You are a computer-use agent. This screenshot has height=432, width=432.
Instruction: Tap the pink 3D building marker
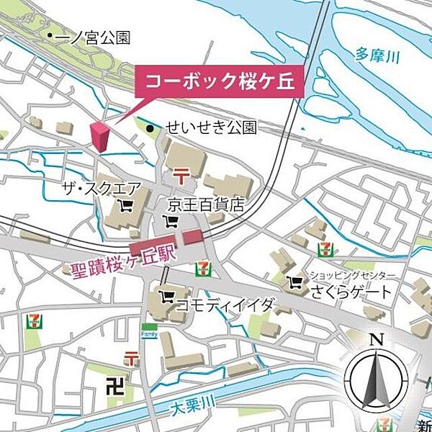[x=102, y=137]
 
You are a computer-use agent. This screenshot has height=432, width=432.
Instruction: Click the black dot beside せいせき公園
[x=150, y=129]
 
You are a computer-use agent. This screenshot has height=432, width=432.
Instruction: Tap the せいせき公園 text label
[x=210, y=128]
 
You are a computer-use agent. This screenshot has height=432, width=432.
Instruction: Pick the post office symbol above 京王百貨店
[x=179, y=174]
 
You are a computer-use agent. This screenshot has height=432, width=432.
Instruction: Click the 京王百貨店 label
[x=203, y=204]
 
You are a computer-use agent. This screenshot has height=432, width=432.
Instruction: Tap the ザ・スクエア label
[x=103, y=189]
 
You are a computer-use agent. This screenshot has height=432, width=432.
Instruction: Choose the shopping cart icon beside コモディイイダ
[x=166, y=296]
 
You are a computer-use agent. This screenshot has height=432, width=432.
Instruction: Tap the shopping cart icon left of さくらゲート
[x=294, y=282]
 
